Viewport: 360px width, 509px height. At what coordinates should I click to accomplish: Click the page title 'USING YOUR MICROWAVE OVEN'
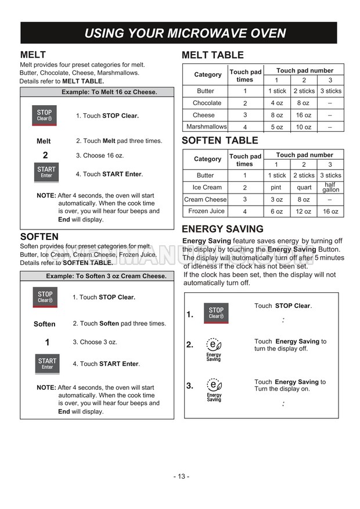point(185,33)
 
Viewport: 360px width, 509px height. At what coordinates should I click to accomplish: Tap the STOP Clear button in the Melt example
point(45,115)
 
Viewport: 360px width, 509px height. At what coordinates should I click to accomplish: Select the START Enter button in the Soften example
point(46,364)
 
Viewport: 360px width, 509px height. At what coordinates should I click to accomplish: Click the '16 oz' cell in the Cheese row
point(304,115)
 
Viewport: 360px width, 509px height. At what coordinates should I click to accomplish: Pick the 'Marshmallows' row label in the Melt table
point(206,127)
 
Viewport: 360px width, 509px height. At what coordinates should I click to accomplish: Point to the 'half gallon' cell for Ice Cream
point(330,187)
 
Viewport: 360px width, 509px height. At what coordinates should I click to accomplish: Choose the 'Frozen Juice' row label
point(206,212)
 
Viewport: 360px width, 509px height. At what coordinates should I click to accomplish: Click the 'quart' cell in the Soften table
point(304,188)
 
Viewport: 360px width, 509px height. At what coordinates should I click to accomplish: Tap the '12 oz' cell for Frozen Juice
point(304,212)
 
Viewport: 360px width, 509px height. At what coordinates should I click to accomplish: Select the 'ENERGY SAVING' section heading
point(222,229)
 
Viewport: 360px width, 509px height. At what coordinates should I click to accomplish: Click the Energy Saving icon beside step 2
point(214,348)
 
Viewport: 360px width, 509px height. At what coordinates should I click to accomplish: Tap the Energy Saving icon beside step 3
point(214,389)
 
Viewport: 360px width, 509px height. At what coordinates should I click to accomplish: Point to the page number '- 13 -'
point(181,476)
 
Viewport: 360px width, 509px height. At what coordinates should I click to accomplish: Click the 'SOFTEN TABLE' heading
point(220,141)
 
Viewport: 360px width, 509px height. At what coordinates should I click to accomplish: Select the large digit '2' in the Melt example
point(45,155)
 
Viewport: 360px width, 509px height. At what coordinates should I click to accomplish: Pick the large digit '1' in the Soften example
point(46,342)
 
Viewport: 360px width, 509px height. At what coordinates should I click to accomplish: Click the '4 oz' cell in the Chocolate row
point(277,103)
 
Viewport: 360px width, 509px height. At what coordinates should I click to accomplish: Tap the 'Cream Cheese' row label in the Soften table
point(206,199)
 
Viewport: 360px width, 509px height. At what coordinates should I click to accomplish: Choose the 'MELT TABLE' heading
point(213,55)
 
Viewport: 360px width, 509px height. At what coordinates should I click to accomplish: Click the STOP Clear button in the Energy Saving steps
point(215,313)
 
